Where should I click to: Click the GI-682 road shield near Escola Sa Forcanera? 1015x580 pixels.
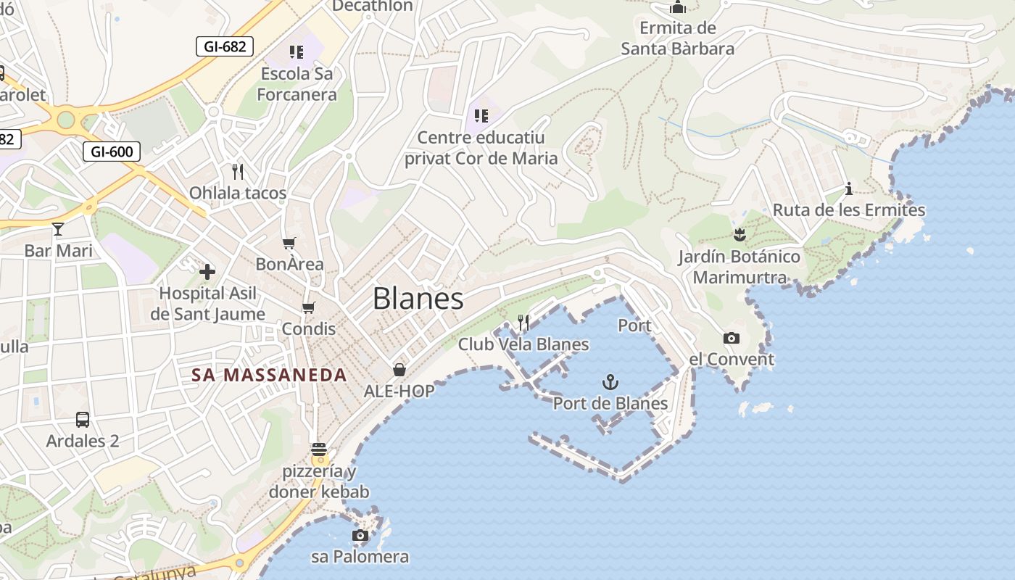click(225, 47)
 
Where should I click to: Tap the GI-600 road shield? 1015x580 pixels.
click(112, 152)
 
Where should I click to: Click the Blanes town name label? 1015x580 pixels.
click(418, 298)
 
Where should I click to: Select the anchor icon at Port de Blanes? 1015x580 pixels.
click(610, 381)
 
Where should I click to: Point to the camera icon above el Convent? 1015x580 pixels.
click(732, 338)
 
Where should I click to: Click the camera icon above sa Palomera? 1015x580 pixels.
click(360, 536)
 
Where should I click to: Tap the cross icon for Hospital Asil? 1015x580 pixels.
click(207, 272)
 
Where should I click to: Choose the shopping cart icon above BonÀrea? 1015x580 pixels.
click(289, 243)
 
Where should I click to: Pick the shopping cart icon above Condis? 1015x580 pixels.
click(309, 307)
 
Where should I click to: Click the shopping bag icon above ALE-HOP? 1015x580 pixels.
click(399, 370)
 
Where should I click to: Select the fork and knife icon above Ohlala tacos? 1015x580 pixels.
click(237, 171)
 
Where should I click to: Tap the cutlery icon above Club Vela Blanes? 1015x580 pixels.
click(523, 323)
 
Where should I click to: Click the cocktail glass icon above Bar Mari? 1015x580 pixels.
click(58, 229)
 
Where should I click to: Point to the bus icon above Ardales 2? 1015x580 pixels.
click(83, 419)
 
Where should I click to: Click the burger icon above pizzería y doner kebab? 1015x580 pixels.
click(319, 449)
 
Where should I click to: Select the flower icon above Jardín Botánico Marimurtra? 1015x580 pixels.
click(739, 235)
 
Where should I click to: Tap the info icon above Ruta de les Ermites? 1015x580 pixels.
click(849, 189)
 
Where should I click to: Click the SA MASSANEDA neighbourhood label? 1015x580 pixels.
click(269, 375)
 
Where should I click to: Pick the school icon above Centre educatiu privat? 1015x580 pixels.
click(481, 115)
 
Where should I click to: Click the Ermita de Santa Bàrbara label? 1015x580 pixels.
click(678, 38)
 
